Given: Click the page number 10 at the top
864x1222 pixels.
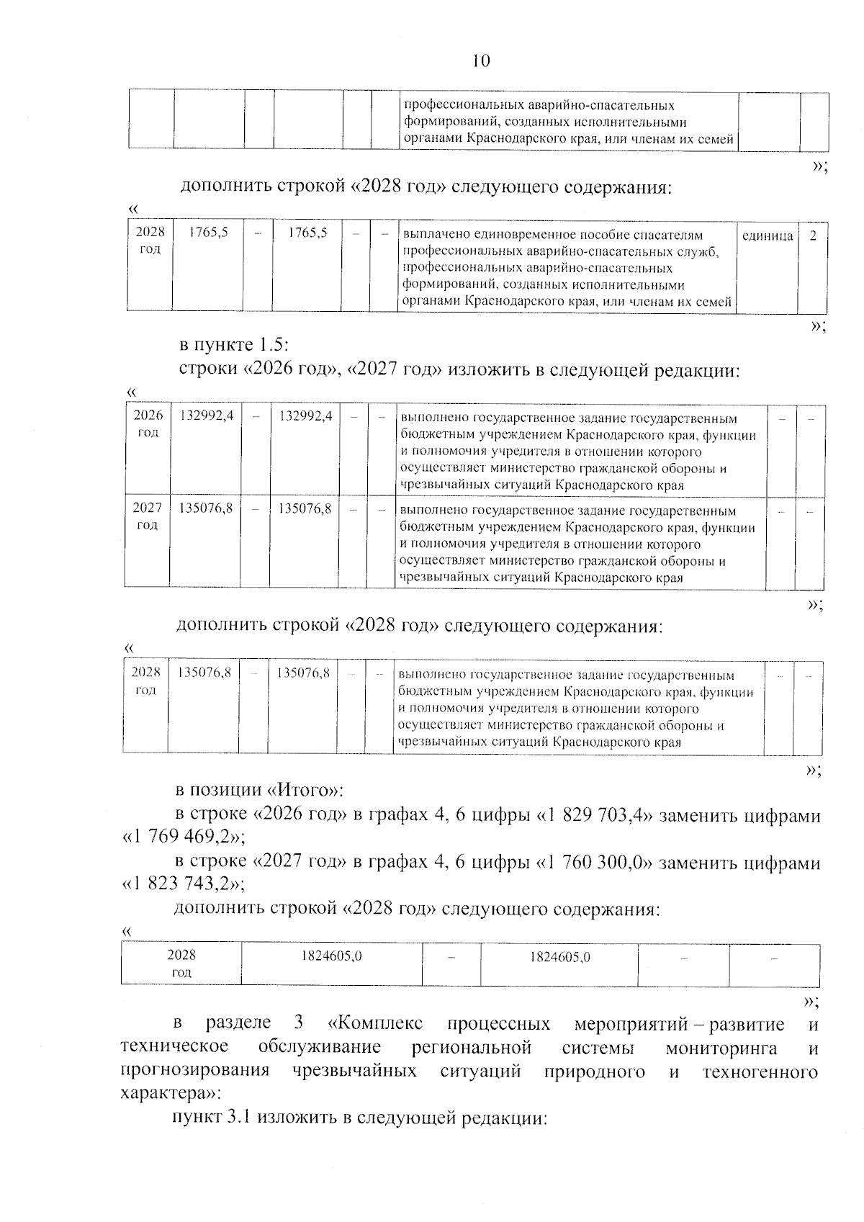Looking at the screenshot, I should coord(481,60).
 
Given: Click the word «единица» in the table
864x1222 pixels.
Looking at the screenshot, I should coord(768,235).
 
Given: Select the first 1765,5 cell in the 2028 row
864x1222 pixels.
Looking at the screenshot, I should coord(209,233).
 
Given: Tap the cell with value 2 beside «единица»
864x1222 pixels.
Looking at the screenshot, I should coord(813,235).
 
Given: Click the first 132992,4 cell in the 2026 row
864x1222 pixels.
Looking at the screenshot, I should coord(206,415).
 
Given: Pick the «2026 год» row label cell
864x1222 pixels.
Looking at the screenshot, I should coord(148,423).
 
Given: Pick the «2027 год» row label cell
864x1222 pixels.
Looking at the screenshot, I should coord(147,516).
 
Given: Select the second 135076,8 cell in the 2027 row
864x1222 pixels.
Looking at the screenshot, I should coord(305,508).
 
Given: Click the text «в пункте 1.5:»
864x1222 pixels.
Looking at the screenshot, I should coord(234,344).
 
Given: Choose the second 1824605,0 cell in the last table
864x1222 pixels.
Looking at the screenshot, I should coord(559,957).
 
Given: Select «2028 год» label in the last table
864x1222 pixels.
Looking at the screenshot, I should coord(181,963).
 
